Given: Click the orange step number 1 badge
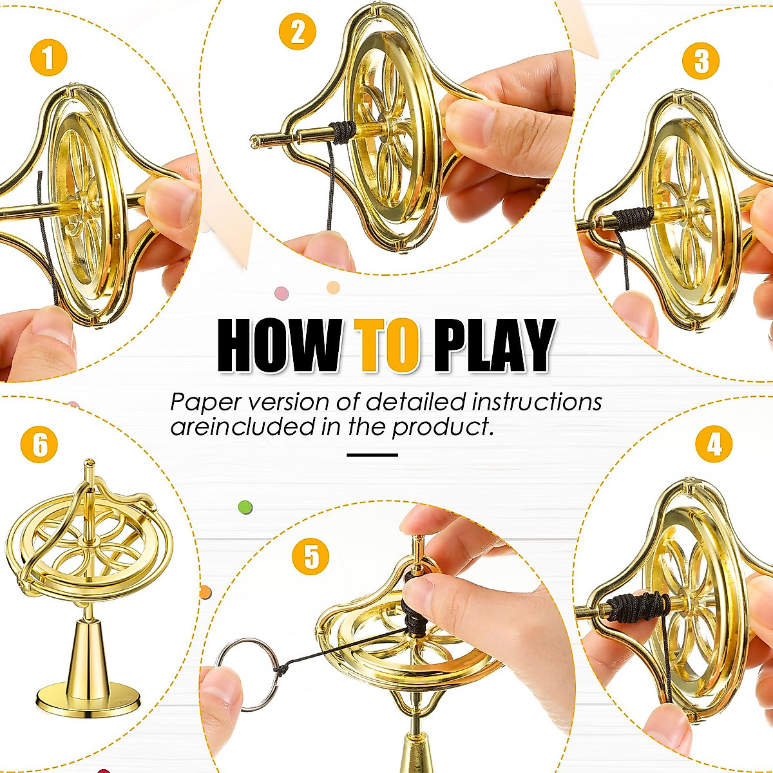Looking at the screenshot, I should [x=48, y=57].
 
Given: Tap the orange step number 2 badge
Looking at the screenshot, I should [x=297, y=32].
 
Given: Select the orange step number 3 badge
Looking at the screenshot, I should [x=701, y=61].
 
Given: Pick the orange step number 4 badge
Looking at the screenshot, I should [x=714, y=444].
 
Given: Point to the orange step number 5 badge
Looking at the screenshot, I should [x=310, y=557].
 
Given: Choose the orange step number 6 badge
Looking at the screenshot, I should [x=39, y=444].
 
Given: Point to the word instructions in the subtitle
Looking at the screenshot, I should [x=537, y=402].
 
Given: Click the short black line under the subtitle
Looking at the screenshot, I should [x=372, y=455].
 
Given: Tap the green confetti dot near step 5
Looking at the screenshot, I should [x=245, y=507].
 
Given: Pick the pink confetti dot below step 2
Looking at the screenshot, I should [x=282, y=294].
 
